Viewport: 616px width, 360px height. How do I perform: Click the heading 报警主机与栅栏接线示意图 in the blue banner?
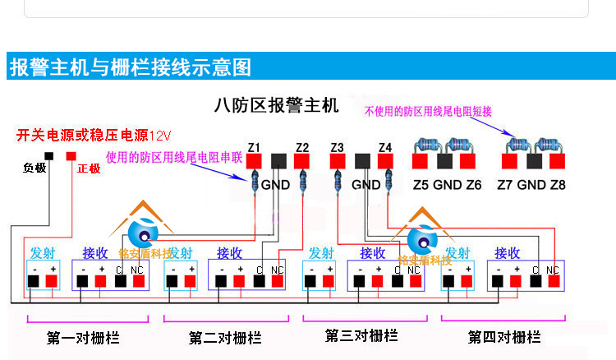(x=131, y=67)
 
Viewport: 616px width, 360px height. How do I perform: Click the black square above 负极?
(x=49, y=155)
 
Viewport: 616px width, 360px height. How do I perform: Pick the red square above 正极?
(x=71, y=155)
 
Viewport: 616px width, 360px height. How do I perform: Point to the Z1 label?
(x=254, y=148)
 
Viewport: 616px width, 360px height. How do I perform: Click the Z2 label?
(x=302, y=148)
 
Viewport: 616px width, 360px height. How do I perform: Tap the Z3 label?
(x=337, y=148)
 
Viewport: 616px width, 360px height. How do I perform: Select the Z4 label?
(x=385, y=148)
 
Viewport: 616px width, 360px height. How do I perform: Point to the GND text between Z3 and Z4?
(x=365, y=185)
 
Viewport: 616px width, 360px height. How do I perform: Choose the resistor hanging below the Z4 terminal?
(x=387, y=180)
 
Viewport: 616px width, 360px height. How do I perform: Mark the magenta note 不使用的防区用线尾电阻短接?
(x=428, y=111)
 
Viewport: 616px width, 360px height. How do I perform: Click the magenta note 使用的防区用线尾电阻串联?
(x=174, y=156)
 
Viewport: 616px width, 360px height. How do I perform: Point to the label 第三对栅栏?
(x=361, y=335)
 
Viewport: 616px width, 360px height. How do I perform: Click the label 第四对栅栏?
(x=504, y=337)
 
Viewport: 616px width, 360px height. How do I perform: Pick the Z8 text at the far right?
(x=558, y=185)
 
